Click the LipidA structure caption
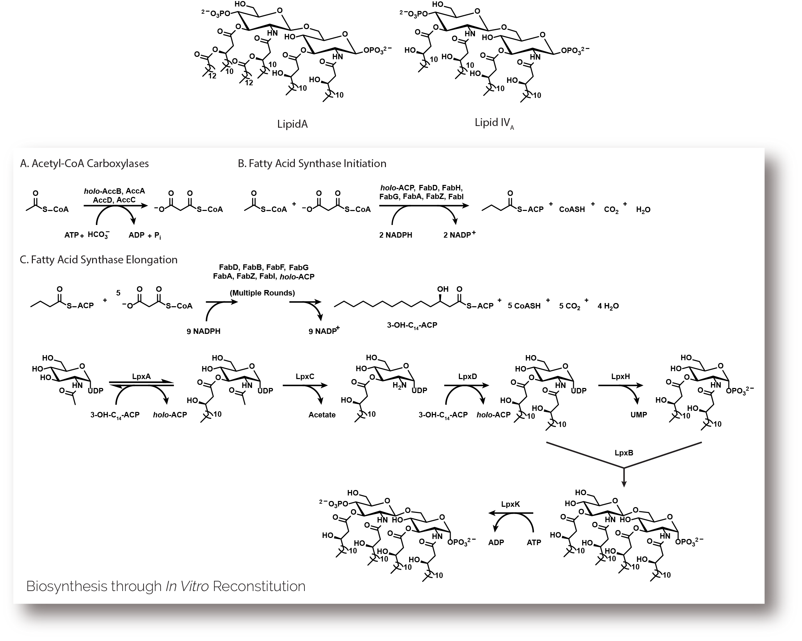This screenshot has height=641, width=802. [292, 124]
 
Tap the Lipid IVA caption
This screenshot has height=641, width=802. [493, 123]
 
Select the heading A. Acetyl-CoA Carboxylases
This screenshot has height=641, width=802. [85, 163]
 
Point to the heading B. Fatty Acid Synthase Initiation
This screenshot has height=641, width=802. [312, 163]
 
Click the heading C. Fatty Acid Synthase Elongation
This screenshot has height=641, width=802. [99, 260]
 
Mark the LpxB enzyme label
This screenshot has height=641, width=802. [624, 453]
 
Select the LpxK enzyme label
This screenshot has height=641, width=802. [510, 504]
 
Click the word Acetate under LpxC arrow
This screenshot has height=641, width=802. [322, 415]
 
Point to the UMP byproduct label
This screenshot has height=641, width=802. [638, 415]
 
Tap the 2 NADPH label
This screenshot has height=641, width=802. [396, 235]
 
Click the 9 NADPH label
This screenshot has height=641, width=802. [203, 331]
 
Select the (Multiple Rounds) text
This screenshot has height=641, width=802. [262, 293]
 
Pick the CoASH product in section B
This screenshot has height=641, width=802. [572, 210]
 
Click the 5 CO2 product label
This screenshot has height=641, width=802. [569, 306]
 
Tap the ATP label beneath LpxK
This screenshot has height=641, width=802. [534, 542]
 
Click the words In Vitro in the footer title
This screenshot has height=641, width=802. [187, 586]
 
